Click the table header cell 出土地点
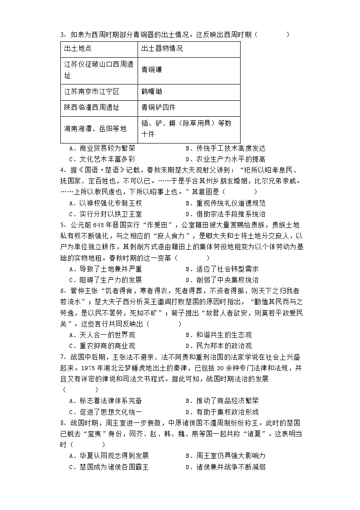78,49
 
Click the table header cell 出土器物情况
162,49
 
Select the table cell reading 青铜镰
152,70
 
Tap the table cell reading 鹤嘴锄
152,91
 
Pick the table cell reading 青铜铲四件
158,108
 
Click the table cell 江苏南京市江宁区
92,91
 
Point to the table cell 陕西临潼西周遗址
92,108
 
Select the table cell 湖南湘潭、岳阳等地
95,129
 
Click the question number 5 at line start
62,225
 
